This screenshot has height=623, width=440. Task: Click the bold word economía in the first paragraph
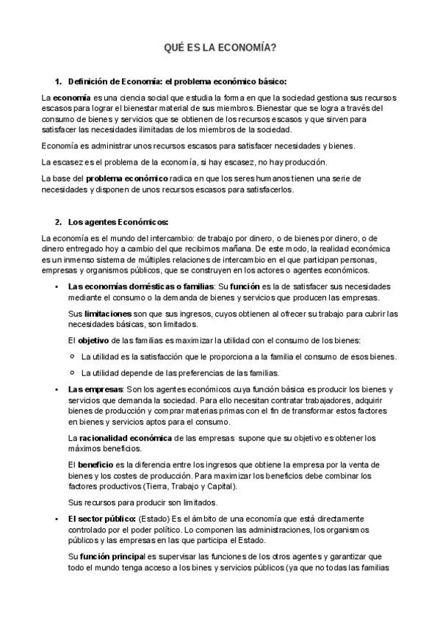(71, 97)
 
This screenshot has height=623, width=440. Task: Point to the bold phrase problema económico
(127, 179)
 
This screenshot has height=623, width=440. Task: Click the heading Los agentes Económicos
(118, 221)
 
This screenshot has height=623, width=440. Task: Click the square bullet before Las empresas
(57, 388)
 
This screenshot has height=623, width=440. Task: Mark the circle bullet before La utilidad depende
(72, 372)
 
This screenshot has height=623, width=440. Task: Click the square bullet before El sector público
(57, 519)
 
